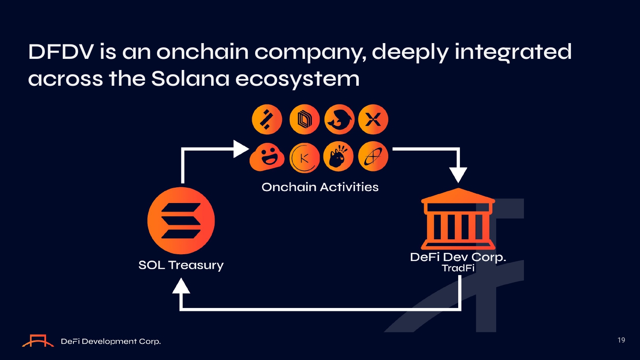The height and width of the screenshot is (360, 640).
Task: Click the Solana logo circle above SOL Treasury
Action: (181, 221)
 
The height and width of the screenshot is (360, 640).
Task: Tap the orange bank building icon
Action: (458, 218)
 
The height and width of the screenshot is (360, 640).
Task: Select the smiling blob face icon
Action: (267, 157)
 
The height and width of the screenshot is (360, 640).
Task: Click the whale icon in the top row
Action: (339, 119)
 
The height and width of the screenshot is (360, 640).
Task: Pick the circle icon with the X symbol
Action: (373, 119)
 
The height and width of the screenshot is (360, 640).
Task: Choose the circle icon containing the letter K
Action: (304, 158)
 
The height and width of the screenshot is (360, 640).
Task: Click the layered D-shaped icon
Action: (304, 119)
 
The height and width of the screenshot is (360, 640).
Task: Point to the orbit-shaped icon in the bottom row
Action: (373, 157)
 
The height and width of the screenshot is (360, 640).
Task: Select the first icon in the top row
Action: (267, 119)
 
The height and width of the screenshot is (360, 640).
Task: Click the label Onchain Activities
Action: (320, 187)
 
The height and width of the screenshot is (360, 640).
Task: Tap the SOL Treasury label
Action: (181, 265)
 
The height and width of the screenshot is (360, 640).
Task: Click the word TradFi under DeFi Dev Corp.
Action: (458, 268)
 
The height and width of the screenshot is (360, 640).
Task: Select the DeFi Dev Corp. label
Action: (458, 257)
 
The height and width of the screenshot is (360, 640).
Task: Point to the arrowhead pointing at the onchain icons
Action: (241, 149)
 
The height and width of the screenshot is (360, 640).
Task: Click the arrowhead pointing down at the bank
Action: (458, 175)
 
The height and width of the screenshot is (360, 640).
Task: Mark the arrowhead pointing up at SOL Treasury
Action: (181, 286)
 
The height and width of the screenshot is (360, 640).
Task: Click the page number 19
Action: (621, 340)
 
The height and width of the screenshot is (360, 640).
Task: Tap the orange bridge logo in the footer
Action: (38, 340)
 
